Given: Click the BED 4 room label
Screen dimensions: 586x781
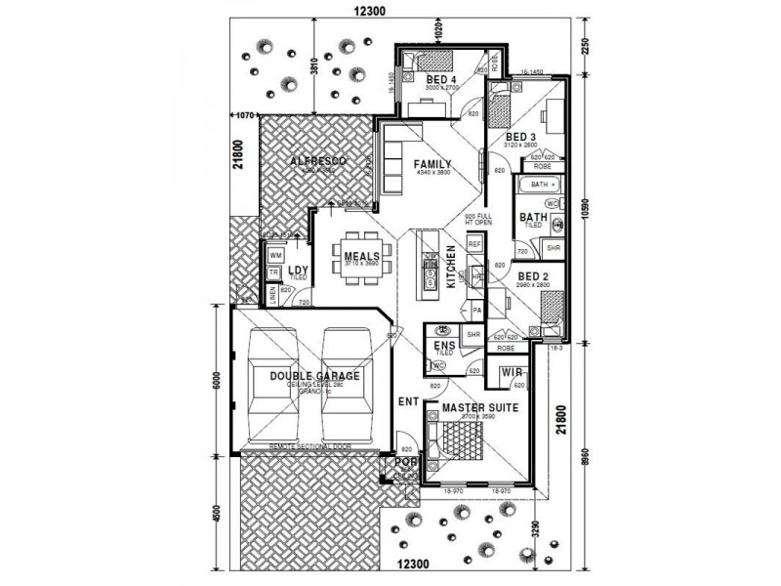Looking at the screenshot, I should click(442, 79).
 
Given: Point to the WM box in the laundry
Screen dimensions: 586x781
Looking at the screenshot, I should click(275, 255).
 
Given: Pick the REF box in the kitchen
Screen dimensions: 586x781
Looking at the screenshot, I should click(475, 243).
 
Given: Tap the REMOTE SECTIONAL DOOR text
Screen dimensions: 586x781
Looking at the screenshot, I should click(309, 446).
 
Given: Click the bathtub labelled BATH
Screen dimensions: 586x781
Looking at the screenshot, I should click(539, 184).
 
